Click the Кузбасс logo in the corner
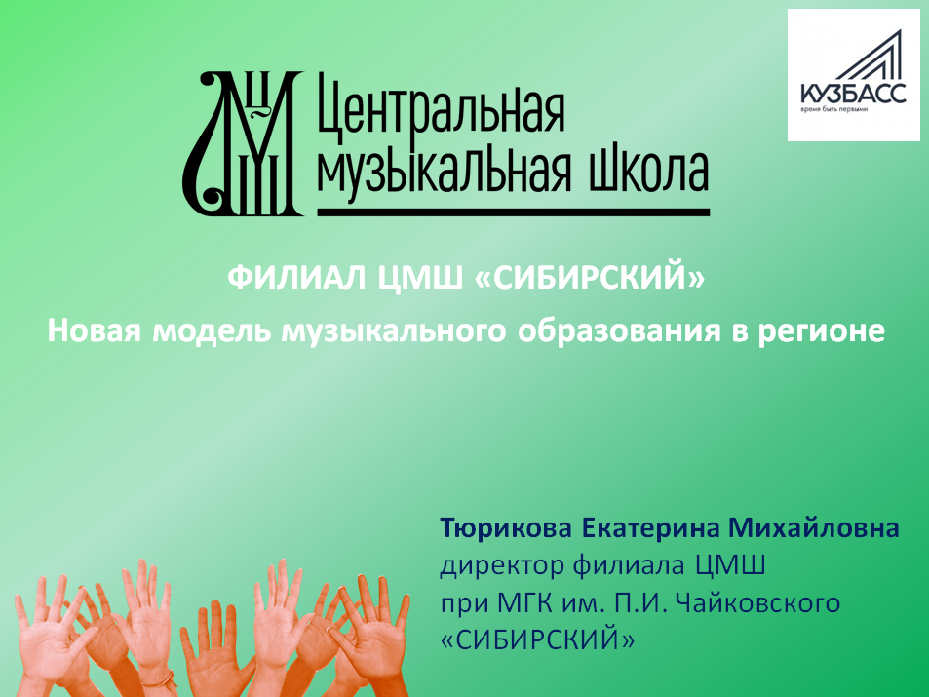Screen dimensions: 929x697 (853, 75)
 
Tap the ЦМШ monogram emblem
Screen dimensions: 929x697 (243, 143)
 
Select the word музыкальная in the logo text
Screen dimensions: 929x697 (445, 170)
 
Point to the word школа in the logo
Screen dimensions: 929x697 (648, 171)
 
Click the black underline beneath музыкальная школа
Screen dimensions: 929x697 (514, 212)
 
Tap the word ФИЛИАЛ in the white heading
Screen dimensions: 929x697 (296, 278)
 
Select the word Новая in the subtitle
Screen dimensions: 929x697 (95, 330)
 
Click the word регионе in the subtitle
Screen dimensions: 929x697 (821, 331)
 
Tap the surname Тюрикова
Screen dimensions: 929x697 (506, 527)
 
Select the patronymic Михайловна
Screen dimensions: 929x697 (813, 527)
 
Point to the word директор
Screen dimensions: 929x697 (502, 565)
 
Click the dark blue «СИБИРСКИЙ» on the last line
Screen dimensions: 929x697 (537, 639)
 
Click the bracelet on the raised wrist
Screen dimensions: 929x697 (159, 678)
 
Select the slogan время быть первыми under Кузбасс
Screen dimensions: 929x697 (834, 109)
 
